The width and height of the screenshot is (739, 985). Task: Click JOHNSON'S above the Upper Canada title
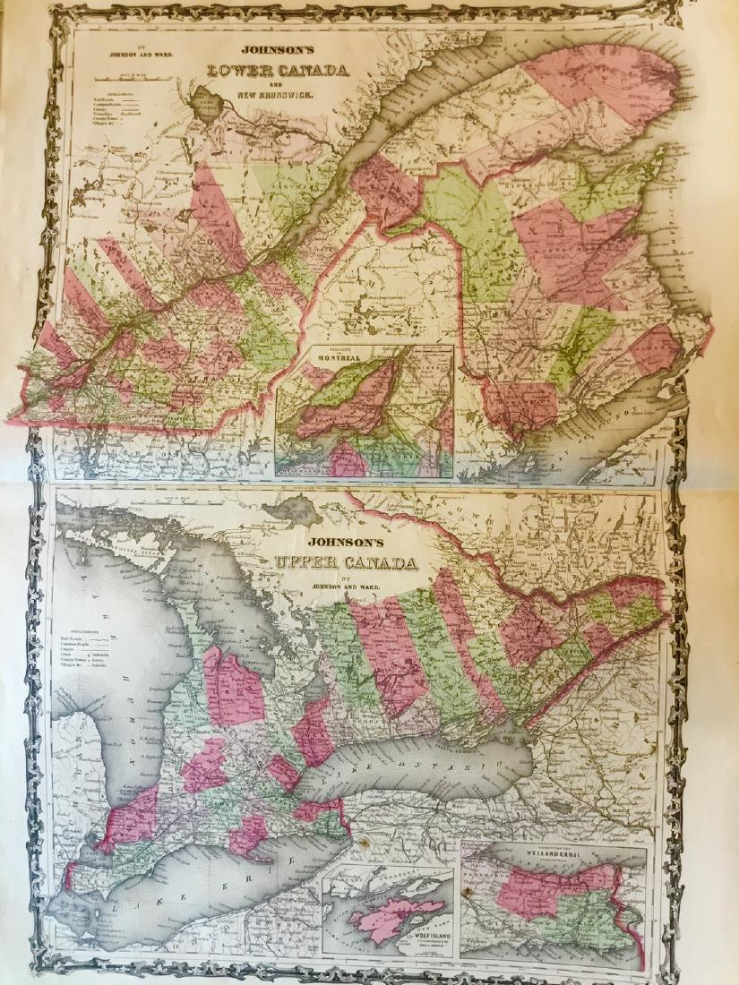click(345, 543)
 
